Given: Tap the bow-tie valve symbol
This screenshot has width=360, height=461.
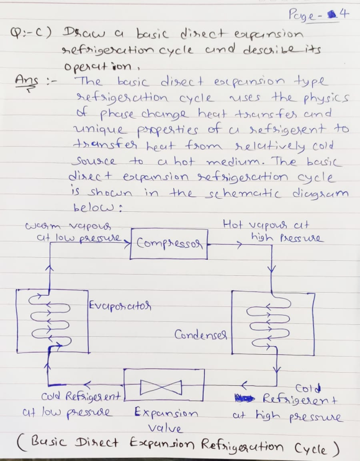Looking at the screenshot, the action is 161,387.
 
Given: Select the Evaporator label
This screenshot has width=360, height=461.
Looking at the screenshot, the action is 120,306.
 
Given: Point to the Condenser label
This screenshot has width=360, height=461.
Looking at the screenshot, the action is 200,335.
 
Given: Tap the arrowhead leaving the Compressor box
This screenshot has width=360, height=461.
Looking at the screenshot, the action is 240,244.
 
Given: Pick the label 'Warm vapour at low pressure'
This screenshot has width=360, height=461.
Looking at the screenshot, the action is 73,232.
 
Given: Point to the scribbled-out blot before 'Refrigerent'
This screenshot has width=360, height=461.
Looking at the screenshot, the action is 245,399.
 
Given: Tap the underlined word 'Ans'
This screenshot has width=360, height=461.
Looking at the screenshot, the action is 27,80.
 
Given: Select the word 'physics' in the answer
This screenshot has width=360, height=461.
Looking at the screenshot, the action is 326,98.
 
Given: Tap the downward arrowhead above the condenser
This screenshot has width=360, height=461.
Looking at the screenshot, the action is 272,269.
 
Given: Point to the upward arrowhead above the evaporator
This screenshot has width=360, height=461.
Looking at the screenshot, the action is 50,268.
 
